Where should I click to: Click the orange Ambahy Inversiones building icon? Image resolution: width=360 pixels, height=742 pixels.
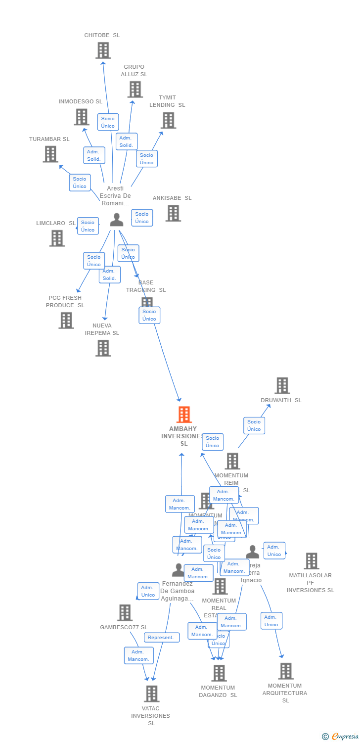pyautogui.click(x=184, y=415)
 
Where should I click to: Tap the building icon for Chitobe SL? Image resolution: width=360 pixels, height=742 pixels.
pyautogui.click(x=103, y=50)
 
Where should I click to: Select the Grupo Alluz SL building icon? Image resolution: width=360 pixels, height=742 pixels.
pyautogui.click(x=135, y=90)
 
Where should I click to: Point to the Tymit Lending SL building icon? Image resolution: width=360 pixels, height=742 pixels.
pyautogui.click(x=168, y=120)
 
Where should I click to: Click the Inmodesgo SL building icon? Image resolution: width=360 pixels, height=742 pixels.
pyautogui.click(x=81, y=117)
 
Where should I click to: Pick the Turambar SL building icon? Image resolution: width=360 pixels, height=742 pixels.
pyautogui.click(x=50, y=154)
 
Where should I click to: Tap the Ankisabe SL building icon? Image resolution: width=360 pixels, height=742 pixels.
pyautogui.click(x=173, y=213)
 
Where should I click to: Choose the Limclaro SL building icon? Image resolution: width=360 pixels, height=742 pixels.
pyautogui.click(x=57, y=238)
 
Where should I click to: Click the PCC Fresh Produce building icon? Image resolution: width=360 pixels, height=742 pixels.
pyautogui.click(x=66, y=321)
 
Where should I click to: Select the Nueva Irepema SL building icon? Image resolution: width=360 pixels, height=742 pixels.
pyautogui.click(x=103, y=348)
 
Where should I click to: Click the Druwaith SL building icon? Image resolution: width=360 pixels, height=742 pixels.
pyautogui.click(x=282, y=385)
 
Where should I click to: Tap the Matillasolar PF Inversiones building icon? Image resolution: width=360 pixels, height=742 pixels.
pyautogui.click(x=311, y=561)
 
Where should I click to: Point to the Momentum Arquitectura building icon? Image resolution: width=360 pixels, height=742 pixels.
pyautogui.click(x=285, y=671)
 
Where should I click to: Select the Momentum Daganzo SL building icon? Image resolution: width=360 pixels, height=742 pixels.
pyautogui.click(x=219, y=673)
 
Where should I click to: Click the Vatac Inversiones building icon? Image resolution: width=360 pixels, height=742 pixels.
pyautogui.click(x=151, y=694)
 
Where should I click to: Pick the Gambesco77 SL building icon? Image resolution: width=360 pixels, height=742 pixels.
pyautogui.click(x=125, y=612)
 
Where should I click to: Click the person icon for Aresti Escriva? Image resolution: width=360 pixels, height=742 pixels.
pyautogui.click(x=117, y=220)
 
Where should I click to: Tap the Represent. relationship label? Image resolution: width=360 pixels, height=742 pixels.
pyautogui.click(x=161, y=638)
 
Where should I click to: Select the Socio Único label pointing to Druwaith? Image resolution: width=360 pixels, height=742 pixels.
pyautogui.click(x=254, y=425)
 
